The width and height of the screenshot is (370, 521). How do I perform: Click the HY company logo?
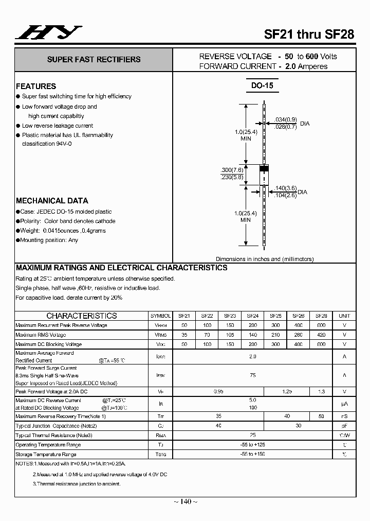48,33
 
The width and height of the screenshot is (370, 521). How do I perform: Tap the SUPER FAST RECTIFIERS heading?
94,59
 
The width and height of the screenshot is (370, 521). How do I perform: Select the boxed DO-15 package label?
262,85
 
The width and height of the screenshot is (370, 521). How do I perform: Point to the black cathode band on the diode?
264,168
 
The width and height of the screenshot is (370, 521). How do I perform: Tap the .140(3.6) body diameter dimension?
285,188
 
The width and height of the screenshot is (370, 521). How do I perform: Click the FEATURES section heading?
36,86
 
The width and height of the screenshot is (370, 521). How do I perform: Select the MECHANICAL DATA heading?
52,201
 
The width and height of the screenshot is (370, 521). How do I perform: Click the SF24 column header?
252,316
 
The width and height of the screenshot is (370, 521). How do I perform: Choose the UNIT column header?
344,316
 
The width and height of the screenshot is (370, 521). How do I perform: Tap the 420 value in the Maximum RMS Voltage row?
321,335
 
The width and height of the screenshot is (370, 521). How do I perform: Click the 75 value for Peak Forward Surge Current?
252,375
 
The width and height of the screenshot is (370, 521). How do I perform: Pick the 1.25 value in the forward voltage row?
287,391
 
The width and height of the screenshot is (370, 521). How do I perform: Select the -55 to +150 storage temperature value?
252,455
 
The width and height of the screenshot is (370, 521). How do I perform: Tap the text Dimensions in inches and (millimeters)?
265,259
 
